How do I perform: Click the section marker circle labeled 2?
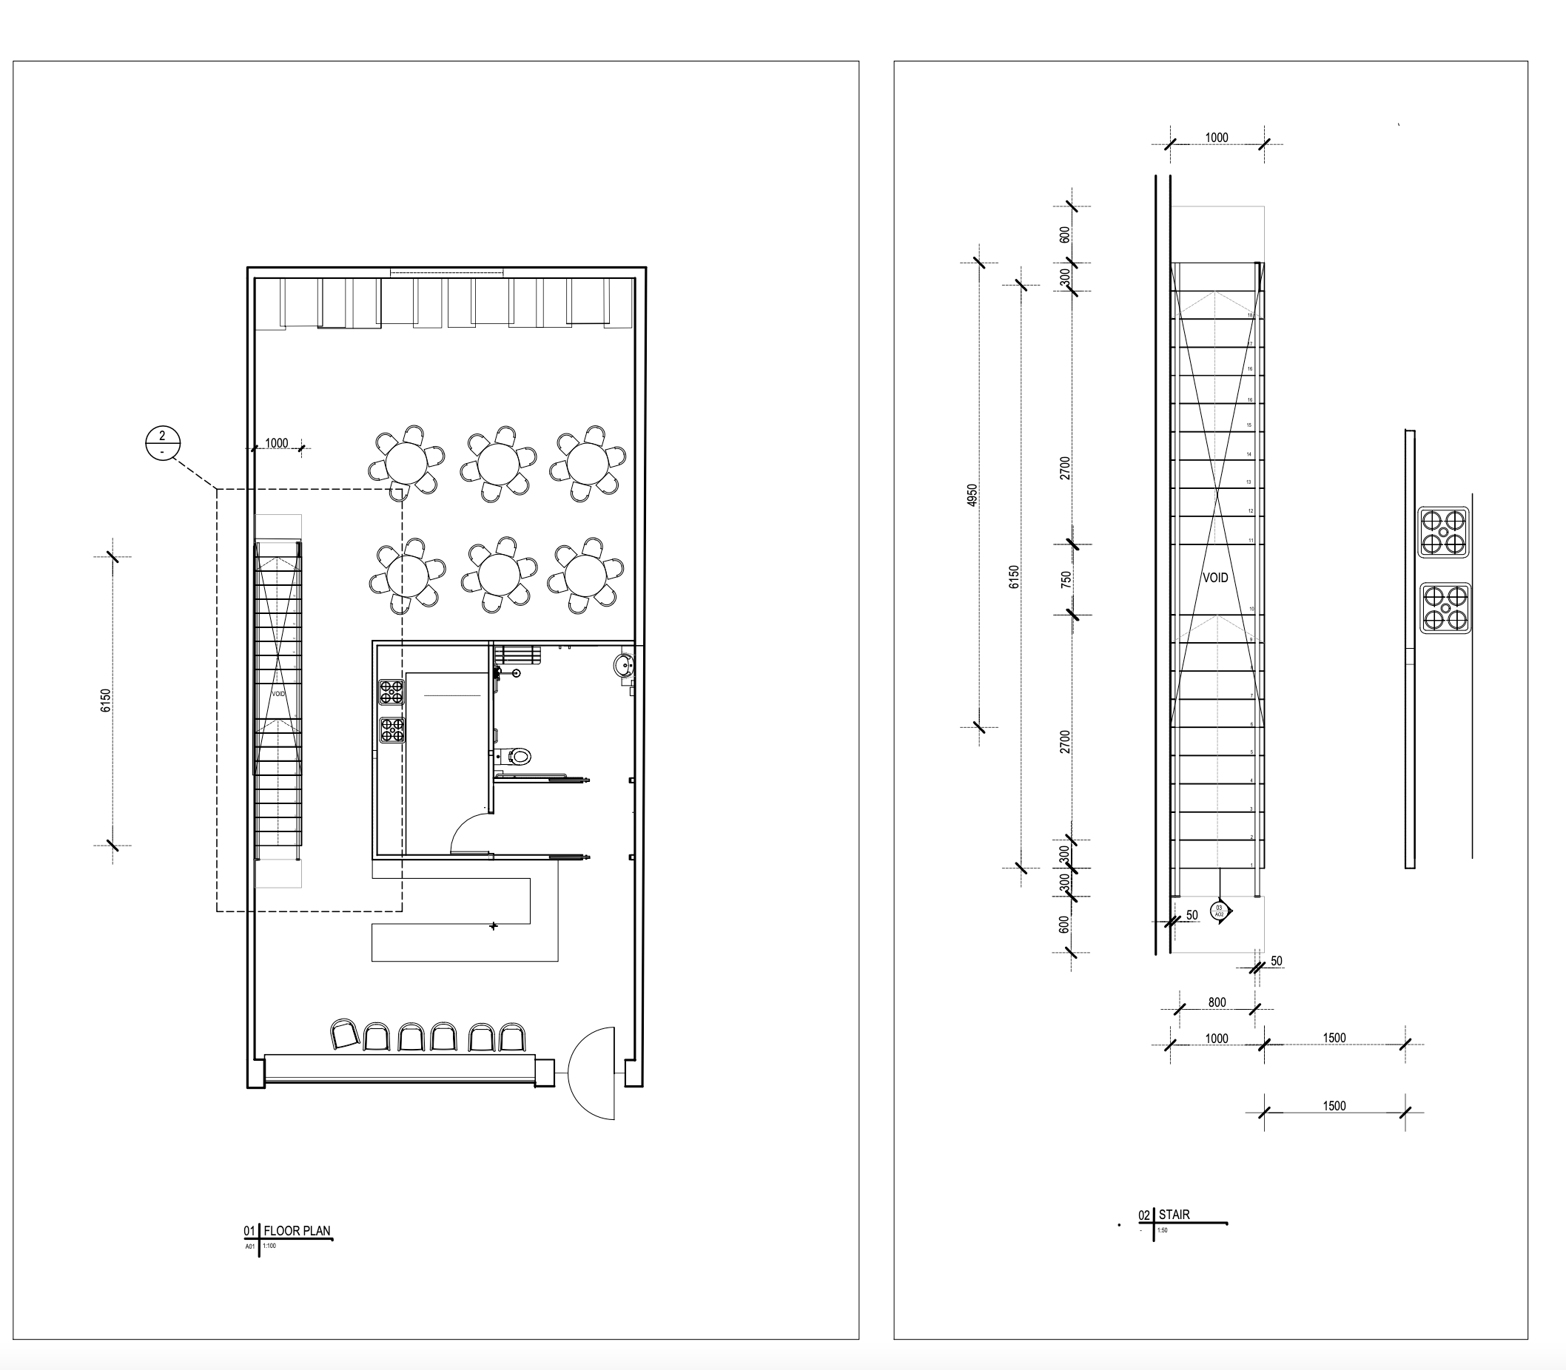click(x=162, y=443)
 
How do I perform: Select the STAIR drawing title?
click(x=1174, y=1214)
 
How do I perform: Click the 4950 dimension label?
click(x=972, y=495)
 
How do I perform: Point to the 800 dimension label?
click(x=1217, y=1002)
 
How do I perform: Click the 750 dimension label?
click(x=1066, y=578)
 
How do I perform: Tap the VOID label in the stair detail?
click(x=1215, y=578)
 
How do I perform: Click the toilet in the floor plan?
click(x=520, y=757)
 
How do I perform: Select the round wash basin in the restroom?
click(x=624, y=666)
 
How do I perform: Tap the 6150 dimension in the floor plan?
click(x=106, y=701)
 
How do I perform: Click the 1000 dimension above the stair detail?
click(x=1216, y=138)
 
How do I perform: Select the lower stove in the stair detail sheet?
click(x=1445, y=609)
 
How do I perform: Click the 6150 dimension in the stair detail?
click(x=1014, y=576)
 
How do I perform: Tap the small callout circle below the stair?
click(x=1220, y=911)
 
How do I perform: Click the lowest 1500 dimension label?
click(x=1334, y=1105)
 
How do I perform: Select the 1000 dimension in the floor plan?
click(x=276, y=442)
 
